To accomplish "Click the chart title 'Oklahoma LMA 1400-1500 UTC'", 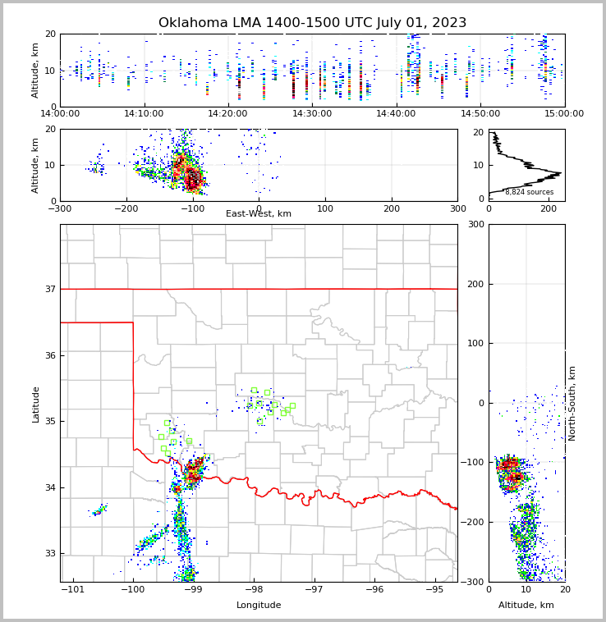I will (x=312, y=23).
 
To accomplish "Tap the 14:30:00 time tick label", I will (x=312, y=114).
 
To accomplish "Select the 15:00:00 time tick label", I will (x=563, y=114).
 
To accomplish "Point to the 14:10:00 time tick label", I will (x=145, y=114).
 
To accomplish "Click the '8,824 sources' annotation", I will (x=529, y=192).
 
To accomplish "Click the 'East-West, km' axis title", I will (x=259, y=214).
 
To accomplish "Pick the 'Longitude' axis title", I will (x=259, y=606).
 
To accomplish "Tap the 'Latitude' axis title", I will (x=36, y=404).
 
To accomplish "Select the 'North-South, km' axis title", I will (x=573, y=403).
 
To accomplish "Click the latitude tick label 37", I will (x=49, y=289).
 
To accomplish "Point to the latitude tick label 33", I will (x=49, y=554).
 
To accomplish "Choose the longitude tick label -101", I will (x=73, y=589).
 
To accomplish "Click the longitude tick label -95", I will (x=435, y=589).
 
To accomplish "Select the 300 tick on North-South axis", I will (x=475, y=224).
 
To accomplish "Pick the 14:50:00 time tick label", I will (x=480, y=114).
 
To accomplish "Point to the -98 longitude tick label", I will (x=254, y=589).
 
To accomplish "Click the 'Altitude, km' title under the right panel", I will (x=526, y=606).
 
